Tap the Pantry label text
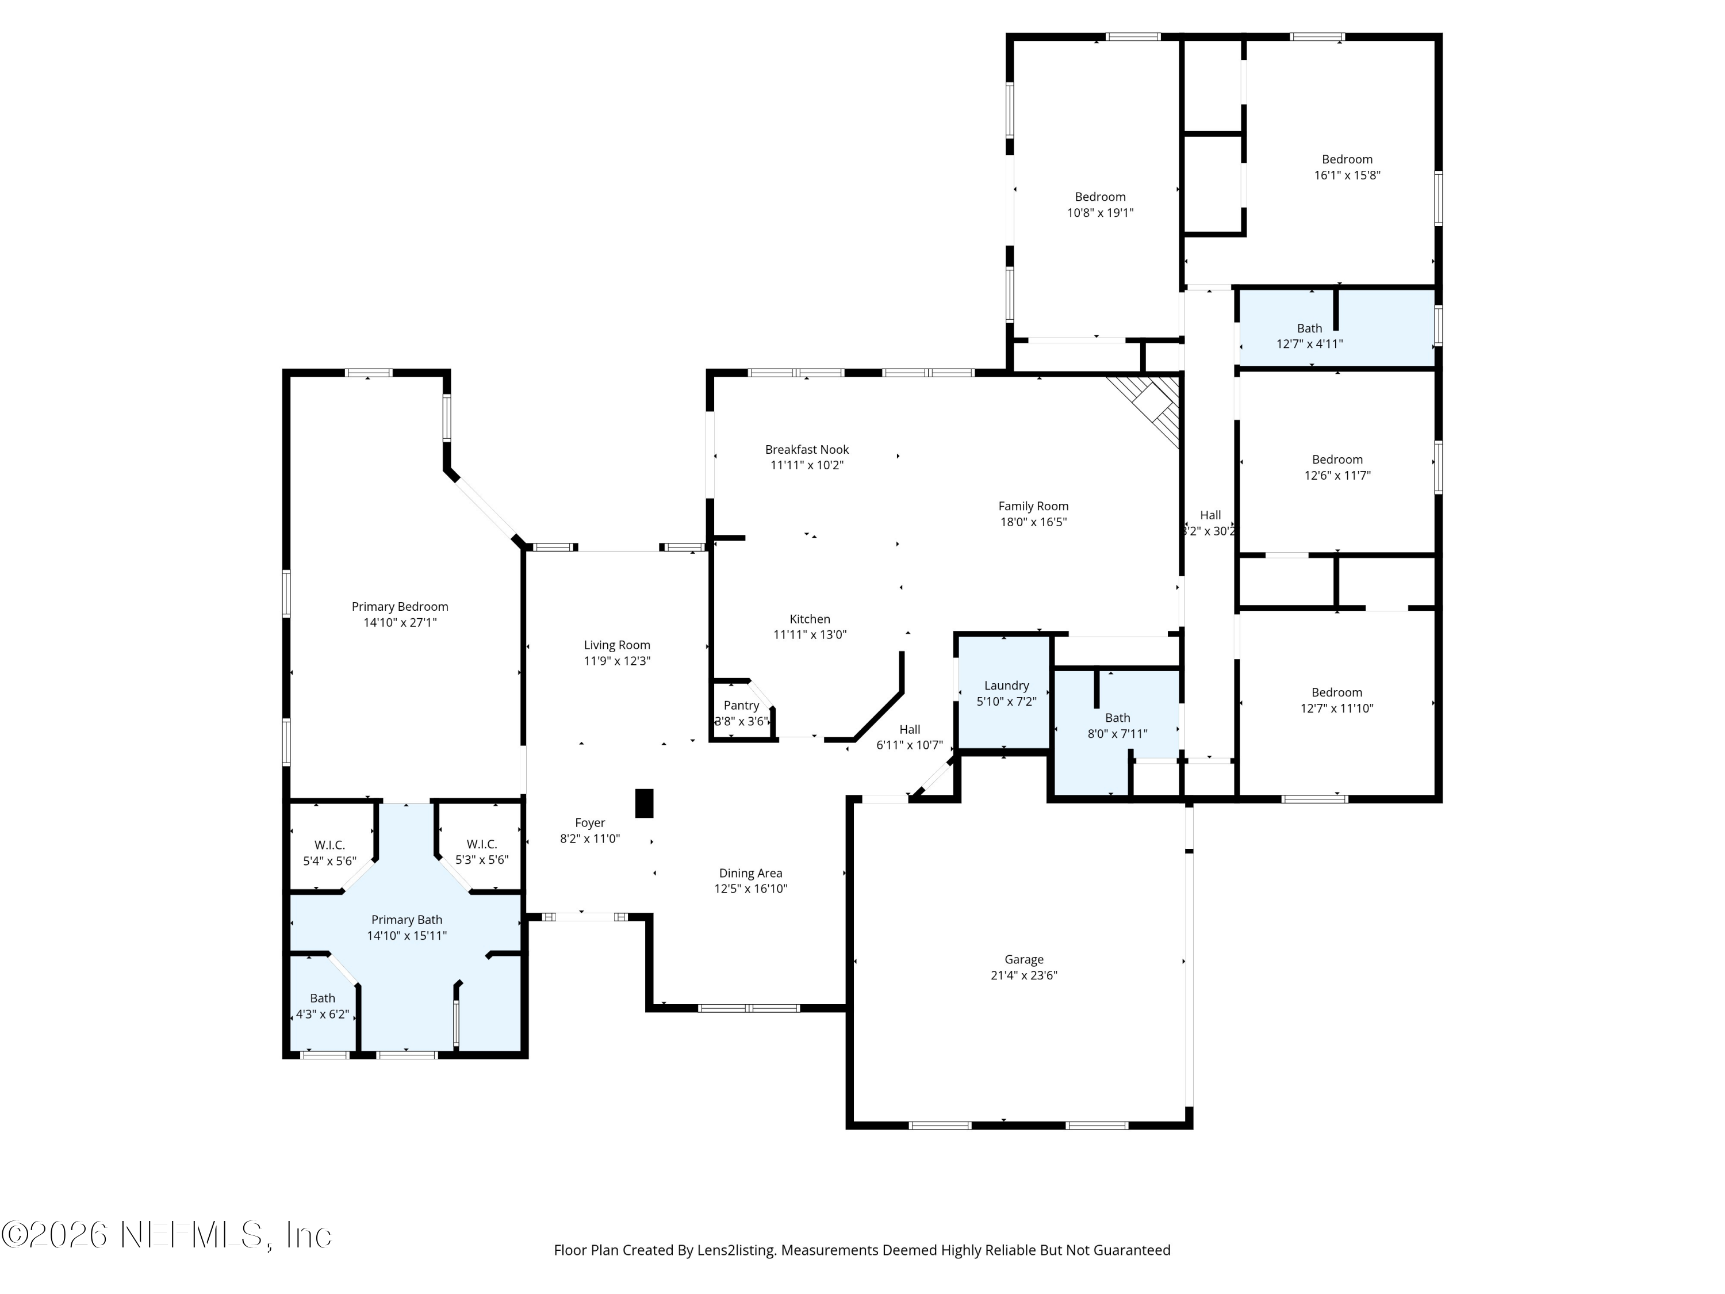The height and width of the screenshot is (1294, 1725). click(x=741, y=705)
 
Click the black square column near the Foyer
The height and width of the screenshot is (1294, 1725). click(x=644, y=803)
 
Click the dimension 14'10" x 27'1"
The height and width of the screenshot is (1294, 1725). click(x=400, y=622)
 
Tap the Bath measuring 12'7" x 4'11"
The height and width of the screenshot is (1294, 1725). click(x=1309, y=335)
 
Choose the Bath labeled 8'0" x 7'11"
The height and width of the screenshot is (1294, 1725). click(x=1117, y=725)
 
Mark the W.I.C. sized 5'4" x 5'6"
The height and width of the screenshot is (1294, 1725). click(x=329, y=852)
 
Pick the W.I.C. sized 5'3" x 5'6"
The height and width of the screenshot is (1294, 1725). click(x=482, y=852)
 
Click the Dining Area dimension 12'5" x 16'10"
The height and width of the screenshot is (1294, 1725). click(x=751, y=889)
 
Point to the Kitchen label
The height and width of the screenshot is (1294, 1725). click(x=810, y=618)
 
